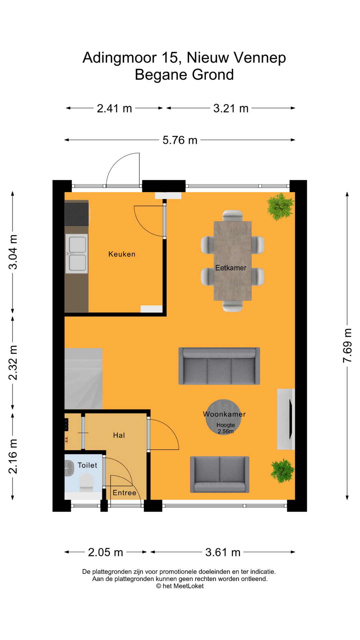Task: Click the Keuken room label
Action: point(122,254)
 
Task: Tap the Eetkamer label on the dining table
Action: point(231,268)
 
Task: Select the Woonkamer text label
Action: point(224,414)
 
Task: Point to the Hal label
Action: point(119,435)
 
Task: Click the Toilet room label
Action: point(87,465)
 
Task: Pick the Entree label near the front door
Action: point(124,493)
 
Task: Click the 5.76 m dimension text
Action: point(180,140)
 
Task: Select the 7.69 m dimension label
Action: point(347,346)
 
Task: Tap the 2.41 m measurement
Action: point(114,108)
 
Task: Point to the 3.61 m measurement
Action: point(223,552)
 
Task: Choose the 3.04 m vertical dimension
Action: point(13,252)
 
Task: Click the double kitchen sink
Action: point(77,254)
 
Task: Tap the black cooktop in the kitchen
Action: point(77,214)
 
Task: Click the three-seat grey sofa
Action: point(219,366)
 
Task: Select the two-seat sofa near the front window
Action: point(220,474)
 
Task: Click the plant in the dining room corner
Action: point(280,207)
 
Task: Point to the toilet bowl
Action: point(86,482)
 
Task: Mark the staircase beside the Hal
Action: point(83,379)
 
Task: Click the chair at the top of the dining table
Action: point(233,215)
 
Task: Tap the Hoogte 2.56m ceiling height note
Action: point(226,428)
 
